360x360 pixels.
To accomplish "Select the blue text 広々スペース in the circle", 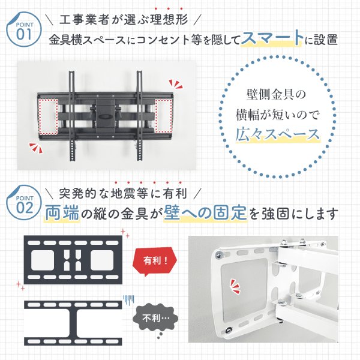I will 277,133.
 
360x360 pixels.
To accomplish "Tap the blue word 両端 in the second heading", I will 61,213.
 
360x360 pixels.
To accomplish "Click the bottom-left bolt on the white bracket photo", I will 230,330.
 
